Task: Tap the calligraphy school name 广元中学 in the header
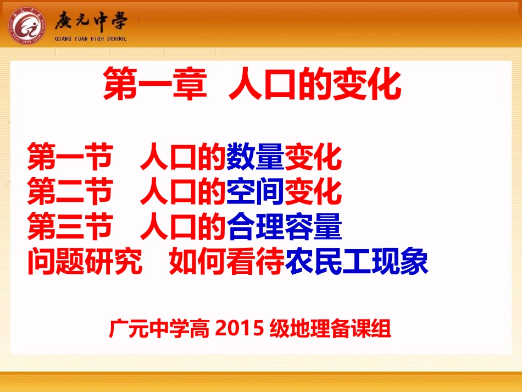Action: point(91,21)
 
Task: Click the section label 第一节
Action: point(69,157)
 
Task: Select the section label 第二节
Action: point(69,192)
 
